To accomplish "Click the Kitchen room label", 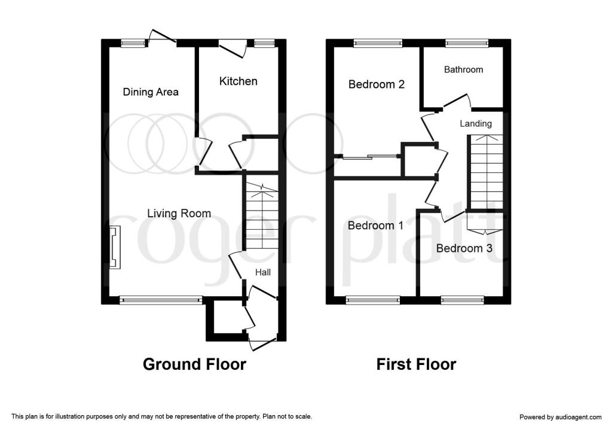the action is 238,81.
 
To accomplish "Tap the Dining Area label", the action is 151,92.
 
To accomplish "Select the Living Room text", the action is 179,214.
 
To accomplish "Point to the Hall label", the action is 263,272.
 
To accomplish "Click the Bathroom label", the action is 463,69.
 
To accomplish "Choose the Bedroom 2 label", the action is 377,84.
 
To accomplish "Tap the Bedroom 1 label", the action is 375,226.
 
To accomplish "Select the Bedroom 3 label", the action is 464,248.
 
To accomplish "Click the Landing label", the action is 475,124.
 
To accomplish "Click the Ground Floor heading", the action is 194,364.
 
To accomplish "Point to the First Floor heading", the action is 416,364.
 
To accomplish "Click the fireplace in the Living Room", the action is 115,247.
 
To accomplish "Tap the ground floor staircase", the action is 262,217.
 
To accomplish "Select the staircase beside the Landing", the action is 486,172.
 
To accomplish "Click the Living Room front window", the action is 161,300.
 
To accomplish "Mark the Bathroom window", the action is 467,43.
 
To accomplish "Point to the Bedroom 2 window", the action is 378,43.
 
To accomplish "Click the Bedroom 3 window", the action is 463,300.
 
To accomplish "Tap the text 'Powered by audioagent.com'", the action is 561,417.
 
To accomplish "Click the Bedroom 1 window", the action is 373,300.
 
